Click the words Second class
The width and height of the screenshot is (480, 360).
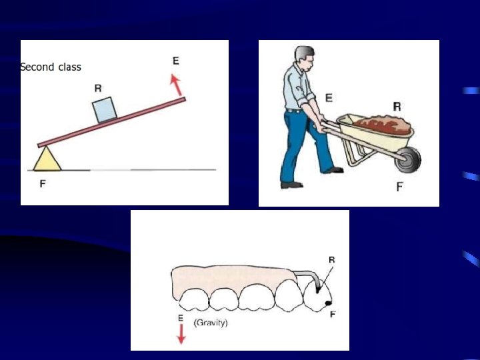pos(51,67)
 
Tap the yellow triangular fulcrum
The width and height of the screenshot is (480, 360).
pos(47,159)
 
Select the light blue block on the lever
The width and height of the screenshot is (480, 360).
pos(105,110)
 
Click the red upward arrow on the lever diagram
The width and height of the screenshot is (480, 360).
pos(176,85)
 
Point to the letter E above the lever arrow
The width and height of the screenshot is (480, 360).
pos(176,61)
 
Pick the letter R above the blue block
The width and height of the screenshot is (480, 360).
pos(98,88)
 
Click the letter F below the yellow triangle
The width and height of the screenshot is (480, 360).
pos(43,184)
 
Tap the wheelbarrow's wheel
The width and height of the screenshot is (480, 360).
pos(408,159)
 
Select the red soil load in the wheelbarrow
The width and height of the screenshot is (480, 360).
pos(383,125)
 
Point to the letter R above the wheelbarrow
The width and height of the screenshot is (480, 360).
pos(397,107)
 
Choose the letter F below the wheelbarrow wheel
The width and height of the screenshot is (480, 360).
pos(399,187)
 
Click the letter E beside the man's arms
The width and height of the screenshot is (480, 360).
pos(329,98)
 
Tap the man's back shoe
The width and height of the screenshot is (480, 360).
pos(292,185)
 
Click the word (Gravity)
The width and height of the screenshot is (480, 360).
pos(211,323)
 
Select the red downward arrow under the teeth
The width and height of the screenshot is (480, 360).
pos(181,334)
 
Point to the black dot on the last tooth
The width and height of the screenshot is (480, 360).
pos(328,303)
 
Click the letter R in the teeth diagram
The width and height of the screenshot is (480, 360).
pos(332,260)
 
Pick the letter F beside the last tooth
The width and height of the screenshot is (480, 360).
pos(333,314)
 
